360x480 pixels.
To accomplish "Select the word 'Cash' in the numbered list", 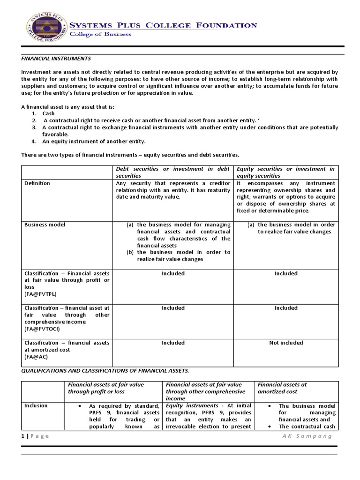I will pyautogui.click(x=49, y=114).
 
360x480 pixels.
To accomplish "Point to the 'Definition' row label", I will pyautogui.click(x=37, y=183).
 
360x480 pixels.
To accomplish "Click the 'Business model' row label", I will pyautogui.click(x=45, y=225).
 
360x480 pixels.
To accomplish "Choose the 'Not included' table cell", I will pyautogui.click(x=286, y=343).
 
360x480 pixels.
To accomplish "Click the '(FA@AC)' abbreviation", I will pyautogui.click(x=36, y=357).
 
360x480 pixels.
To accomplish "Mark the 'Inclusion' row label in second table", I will pyautogui.click(x=36, y=405).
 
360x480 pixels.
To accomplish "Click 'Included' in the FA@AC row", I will pyautogui.click(x=173, y=343).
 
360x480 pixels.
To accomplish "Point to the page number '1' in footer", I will pyautogui.click(x=22, y=436).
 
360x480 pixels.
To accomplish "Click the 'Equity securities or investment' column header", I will pyautogui.click(x=285, y=172).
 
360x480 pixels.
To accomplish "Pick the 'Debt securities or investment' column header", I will pyautogui.click(x=173, y=172).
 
